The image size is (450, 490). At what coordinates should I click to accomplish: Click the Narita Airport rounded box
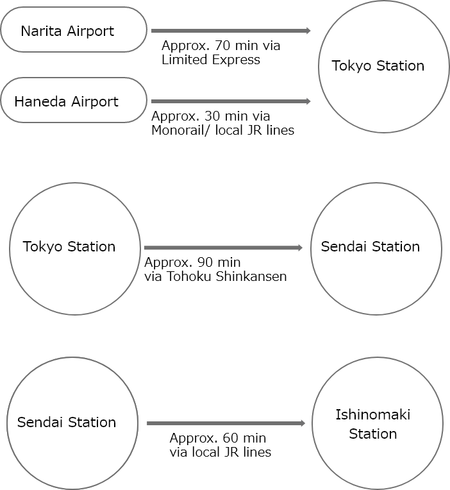(74, 30)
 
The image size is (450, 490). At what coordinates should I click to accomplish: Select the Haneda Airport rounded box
(74, 101)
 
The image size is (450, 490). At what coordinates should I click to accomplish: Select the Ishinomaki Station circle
(377, 424)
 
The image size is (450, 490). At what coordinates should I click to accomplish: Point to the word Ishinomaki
(372, 414)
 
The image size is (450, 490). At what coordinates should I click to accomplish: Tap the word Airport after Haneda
(94, 101)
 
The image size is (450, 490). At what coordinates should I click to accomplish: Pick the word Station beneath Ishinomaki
(372, 434)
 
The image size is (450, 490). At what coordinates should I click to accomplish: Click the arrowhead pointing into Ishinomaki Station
(303, 423)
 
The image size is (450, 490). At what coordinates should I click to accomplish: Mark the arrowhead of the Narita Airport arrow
(308, 30)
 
